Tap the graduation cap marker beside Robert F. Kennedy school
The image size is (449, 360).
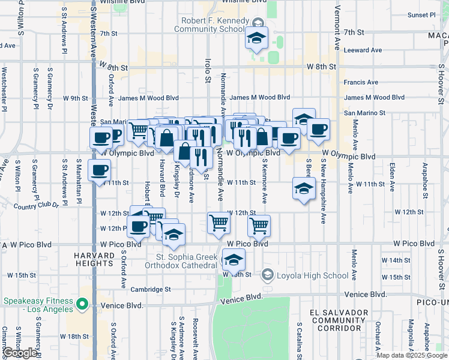256,40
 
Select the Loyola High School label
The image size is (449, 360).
312,276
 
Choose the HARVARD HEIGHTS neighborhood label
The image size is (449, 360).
94,260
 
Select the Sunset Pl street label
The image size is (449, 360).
421,14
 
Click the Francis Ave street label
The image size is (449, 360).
360,82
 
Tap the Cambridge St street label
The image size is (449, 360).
151,289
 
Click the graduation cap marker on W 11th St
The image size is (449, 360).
304,188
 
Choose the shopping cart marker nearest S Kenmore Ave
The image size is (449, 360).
259,226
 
